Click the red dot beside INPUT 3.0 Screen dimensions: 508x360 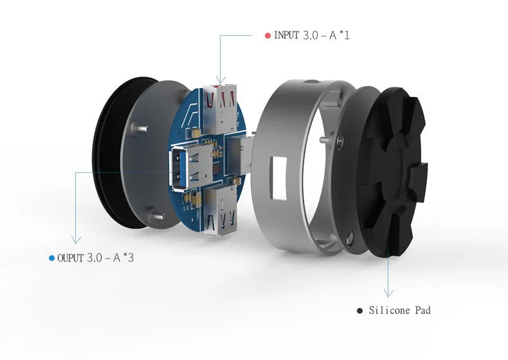tap(268, 35)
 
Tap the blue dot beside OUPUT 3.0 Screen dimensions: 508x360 tap(51, 258)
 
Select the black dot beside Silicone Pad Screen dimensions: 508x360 tap(359, 310)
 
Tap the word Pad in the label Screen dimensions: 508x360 tap(422, 310)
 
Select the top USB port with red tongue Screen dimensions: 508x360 tap(221, 107)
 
